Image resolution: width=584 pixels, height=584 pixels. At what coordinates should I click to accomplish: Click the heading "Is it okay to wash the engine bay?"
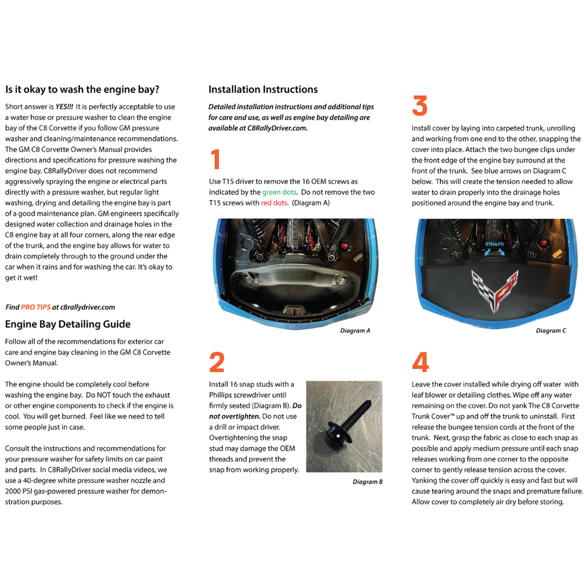click(x=82, y=89)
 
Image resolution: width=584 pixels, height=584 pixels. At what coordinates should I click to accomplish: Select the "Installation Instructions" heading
click(x=263, y=89)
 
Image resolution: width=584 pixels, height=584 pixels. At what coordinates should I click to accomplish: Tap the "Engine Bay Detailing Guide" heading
click(x=68, y=324)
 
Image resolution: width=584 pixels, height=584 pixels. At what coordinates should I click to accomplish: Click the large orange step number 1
click(x=215, y=160)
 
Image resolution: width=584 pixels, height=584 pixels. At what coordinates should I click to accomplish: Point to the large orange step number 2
click(x=217, y=363)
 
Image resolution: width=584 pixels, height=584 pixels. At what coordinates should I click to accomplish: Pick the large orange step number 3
click(x=420, y=106)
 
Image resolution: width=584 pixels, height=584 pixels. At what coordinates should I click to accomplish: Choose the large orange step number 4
click(x=420, y=363)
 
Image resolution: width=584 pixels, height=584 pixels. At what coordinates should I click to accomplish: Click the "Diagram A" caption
click(x=355, y=331)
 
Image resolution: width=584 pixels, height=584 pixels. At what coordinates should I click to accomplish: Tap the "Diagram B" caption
click(x=367, y=482)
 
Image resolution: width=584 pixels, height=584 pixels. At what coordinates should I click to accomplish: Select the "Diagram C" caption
click(x=551, y=331)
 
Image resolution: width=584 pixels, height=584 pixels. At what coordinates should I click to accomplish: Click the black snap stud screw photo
click(x=344, y=426)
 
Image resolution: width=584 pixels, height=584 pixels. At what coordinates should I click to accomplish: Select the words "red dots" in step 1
click(x=274, y=203)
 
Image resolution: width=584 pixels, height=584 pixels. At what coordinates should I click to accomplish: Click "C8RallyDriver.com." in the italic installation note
click(x=278, y=128)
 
